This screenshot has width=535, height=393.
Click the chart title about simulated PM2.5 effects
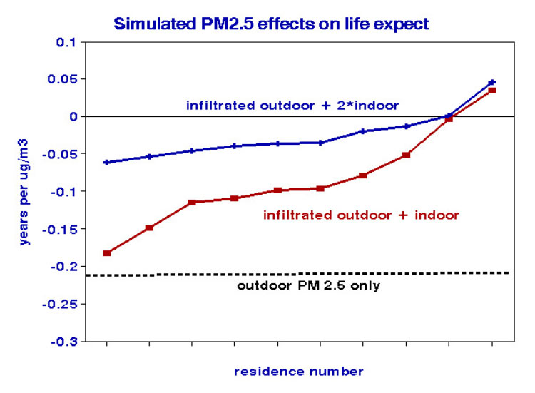(271, 24)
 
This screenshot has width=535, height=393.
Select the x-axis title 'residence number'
(299, 372)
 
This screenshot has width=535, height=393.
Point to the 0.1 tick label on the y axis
(66, 42)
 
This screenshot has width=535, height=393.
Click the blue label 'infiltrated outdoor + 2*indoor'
(292, 105)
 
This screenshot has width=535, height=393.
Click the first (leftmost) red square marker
(106, 253)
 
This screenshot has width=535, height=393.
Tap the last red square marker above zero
(492, 91)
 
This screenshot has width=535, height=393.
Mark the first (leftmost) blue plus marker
(106, 163)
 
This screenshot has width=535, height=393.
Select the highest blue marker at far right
(492, 83)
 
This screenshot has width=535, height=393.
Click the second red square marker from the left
(149, 228)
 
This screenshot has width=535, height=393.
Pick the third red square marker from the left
(192, 203)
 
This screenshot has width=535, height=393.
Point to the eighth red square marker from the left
(407, 155)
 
